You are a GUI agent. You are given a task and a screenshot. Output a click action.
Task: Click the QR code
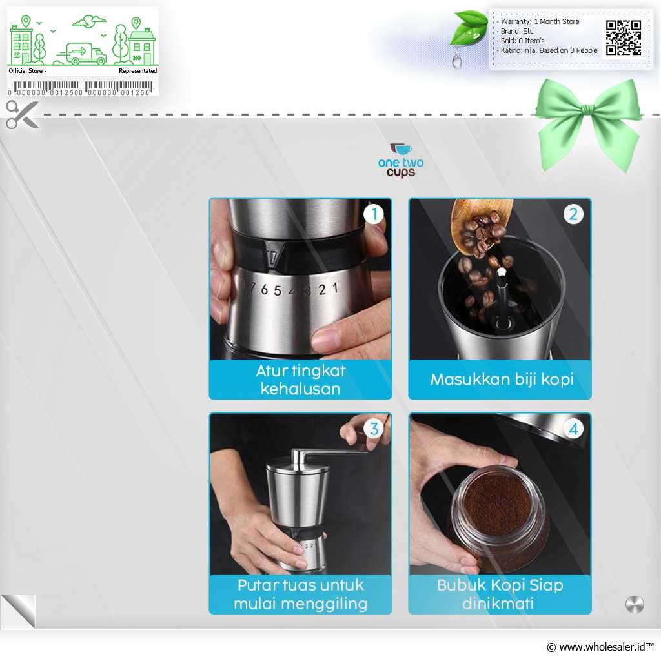click(624, 38)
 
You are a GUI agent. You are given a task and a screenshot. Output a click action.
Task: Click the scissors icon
click(22, 114)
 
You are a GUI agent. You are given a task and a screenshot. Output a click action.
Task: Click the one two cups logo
click(400, 160)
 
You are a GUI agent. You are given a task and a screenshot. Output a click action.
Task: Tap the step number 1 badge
click(374, 214)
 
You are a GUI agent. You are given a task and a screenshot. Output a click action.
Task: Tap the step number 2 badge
click(573, 214)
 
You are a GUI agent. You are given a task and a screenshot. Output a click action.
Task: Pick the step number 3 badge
click(374, 429)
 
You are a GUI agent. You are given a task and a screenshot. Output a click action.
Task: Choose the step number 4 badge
click(573, 429)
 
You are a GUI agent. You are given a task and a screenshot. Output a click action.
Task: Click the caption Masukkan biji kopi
click(502, 380)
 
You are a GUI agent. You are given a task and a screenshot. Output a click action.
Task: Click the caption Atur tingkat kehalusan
click(301, 380)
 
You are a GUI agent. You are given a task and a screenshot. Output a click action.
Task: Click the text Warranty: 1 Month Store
click(540, 21)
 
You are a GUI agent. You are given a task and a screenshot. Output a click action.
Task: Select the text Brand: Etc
click(517, 31)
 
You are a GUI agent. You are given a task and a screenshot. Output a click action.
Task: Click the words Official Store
click(25, 71)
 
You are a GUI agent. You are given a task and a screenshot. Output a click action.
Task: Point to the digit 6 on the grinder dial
click(264, 289)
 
